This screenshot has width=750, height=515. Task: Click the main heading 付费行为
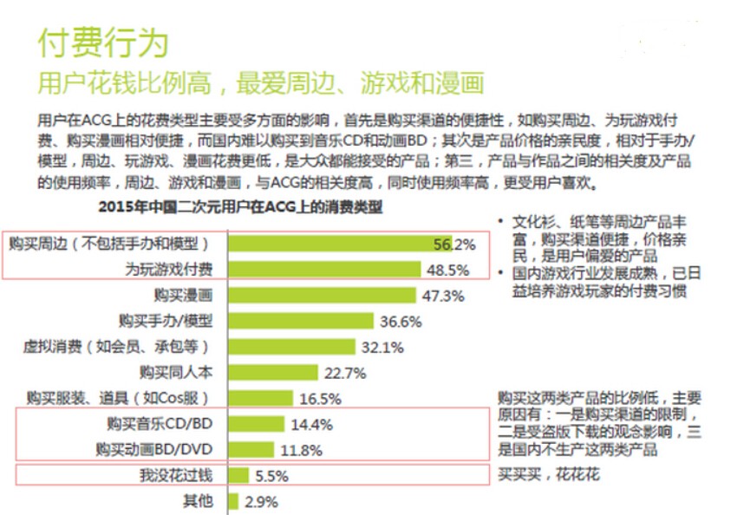[x=103, y=42]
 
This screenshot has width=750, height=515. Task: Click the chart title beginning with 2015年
[x=240, y=207]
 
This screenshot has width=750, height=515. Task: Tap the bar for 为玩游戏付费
[x=323, y=270]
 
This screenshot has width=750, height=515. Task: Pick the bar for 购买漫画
[x=320, y=295]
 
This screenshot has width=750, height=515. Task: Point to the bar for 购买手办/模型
[x=301, y=321]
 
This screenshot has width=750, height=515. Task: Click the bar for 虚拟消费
[x=292, y=347]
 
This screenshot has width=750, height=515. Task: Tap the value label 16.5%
[x=320, y=399]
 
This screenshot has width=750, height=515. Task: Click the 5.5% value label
[x=271, y=476]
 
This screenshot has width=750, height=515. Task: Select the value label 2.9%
[x=261, y=501]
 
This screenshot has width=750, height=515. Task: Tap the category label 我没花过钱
[x=176, y=476]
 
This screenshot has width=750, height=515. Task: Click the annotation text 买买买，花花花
[x=548, y=475]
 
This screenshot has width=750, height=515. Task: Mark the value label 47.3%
[x=444, y=296]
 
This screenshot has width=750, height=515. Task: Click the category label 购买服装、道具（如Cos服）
[x=119, y=399]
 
